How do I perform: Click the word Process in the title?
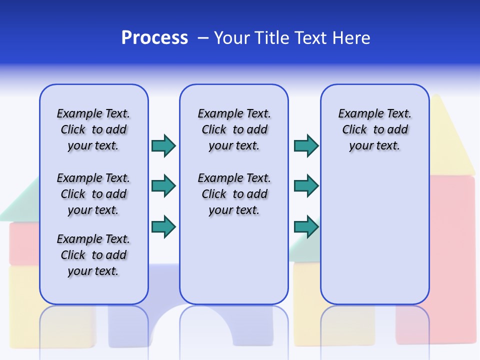(154, 38)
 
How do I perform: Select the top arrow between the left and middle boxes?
(163, 145)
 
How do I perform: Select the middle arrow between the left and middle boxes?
(163, 186)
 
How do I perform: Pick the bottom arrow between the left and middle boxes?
(163, 226)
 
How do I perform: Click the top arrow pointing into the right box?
(306, 145)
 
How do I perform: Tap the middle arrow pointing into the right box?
(306, 186)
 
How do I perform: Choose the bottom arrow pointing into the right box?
(306, 226)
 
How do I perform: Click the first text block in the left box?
(93, 129)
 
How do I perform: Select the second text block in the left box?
(93, 194)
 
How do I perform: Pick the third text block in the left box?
(93, 255)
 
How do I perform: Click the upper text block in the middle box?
(234, 129)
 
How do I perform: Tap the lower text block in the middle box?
(234, 194)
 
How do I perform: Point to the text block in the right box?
(375, 129)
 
